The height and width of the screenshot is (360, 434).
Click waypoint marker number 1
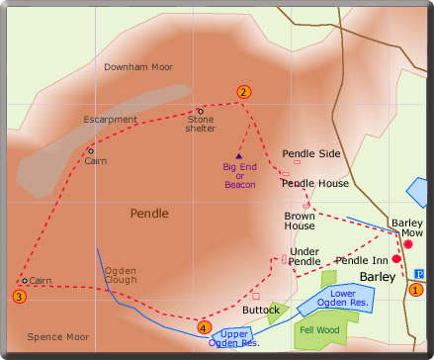tap(415, 290)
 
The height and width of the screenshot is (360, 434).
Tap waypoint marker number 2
tap(242, 92)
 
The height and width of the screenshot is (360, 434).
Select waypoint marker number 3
tap(19, 296)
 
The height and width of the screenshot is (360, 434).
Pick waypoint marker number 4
tap(204, 327)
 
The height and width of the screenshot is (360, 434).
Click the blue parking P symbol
tap(418, 274)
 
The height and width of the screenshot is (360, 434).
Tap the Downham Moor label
tap(138, 67)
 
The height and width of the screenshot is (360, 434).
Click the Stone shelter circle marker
tap(201, 111)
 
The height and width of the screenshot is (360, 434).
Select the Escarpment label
tap(110, 120)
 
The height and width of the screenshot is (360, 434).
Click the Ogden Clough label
tap(121, 275)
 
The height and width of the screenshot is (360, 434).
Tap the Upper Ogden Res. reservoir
tap(233, 338)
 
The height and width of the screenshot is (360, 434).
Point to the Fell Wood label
tap(320, 330)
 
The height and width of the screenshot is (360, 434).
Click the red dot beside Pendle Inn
tap(396, 259)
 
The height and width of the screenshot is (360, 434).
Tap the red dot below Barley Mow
tap(407, 242)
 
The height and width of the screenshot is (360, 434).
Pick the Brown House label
tap(300, 221)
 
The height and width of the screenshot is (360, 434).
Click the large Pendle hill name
tap(149, 213)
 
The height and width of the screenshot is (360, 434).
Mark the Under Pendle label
tap(304, 256)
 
